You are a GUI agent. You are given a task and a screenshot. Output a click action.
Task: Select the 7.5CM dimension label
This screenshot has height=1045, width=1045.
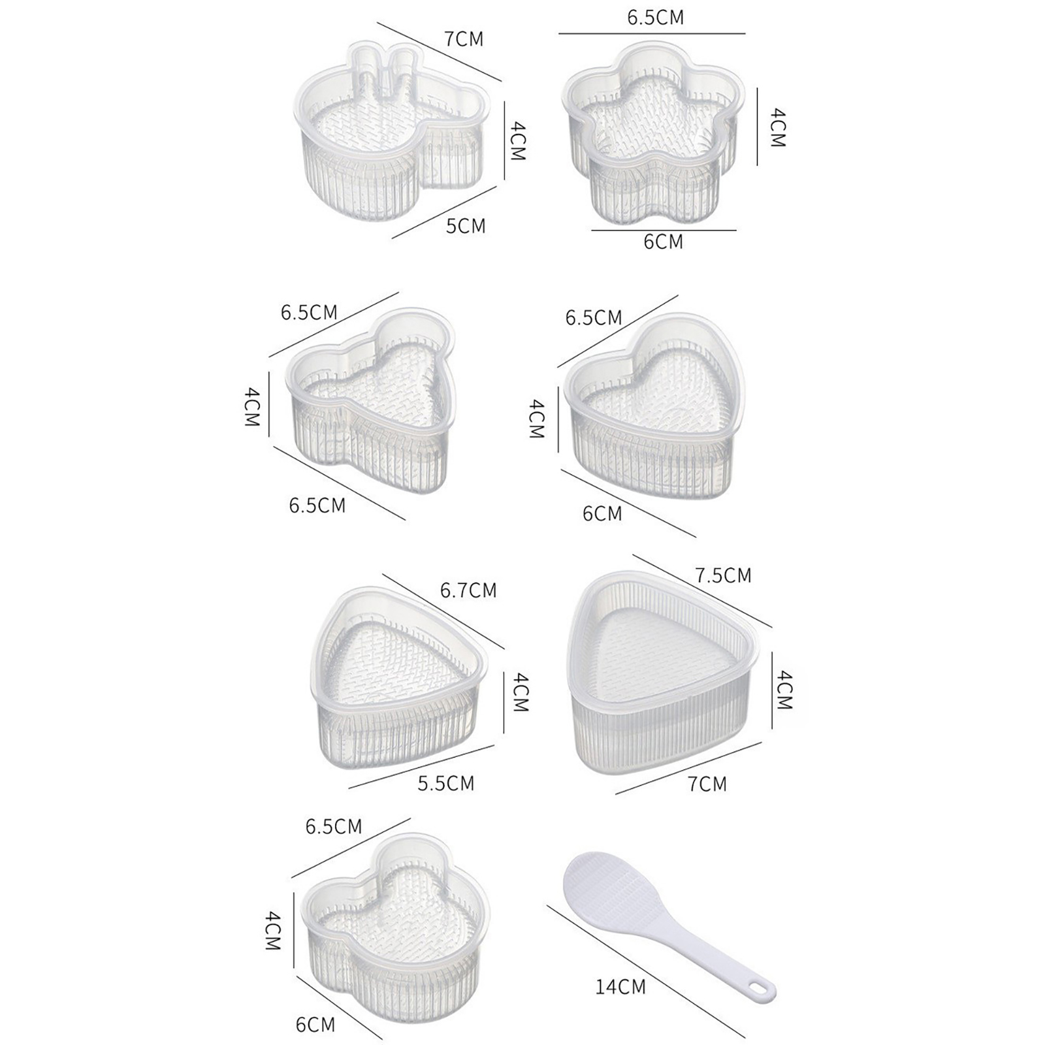[x=724, y=575]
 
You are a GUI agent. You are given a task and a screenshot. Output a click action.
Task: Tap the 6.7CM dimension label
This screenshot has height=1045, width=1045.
[x=468, y=590]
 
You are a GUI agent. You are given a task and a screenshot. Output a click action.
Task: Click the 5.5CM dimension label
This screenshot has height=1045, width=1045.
[x=446, y=783]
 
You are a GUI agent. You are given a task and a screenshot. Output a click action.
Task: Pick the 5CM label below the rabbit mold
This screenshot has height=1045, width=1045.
[x=466, y=226]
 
